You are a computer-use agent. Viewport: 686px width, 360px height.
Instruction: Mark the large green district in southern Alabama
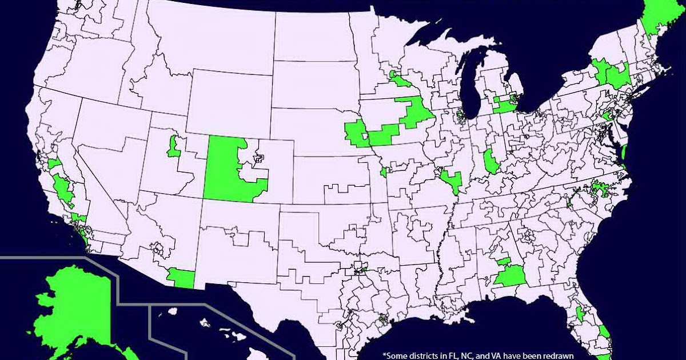[x=509, y=277]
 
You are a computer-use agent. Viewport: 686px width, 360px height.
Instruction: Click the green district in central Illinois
[x=490, y=162]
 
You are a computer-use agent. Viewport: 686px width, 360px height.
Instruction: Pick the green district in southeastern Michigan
[x=505, y=105]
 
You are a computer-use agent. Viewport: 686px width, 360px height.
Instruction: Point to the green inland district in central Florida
[x=580, y=313]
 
